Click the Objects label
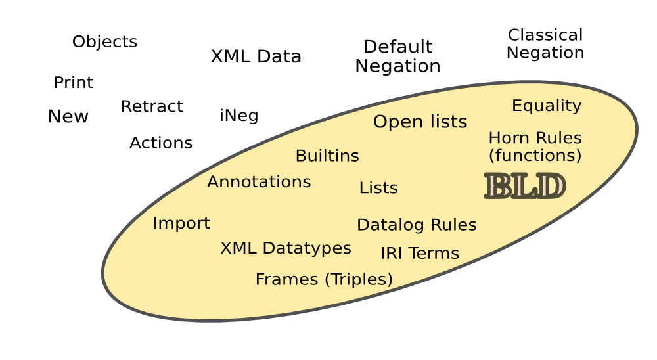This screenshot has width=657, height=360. point(104,42)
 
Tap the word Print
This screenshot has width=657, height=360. point(73,83)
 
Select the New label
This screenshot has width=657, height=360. point(68,117)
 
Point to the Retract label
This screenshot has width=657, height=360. point(152,106)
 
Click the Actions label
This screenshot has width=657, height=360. point(161,143)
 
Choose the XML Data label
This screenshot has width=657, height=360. point(256,56)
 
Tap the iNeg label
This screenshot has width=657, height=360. point(238,116)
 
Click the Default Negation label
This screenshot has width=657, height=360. point(397,56)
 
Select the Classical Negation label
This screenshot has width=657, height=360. point(545,44)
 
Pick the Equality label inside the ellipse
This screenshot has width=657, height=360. point(547,106)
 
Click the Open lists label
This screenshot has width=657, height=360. point(420,122)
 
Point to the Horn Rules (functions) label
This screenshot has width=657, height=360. point(535,146)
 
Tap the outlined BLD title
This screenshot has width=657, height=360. point(524,186)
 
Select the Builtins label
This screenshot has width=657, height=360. point(327,156)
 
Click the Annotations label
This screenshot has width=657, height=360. point(259,182)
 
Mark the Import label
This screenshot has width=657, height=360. point(181,223)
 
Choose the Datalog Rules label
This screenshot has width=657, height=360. point(417,225)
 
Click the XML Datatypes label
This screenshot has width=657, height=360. point(285,248)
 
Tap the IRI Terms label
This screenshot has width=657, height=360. point(419,253)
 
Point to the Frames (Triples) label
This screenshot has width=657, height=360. point(324,279)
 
